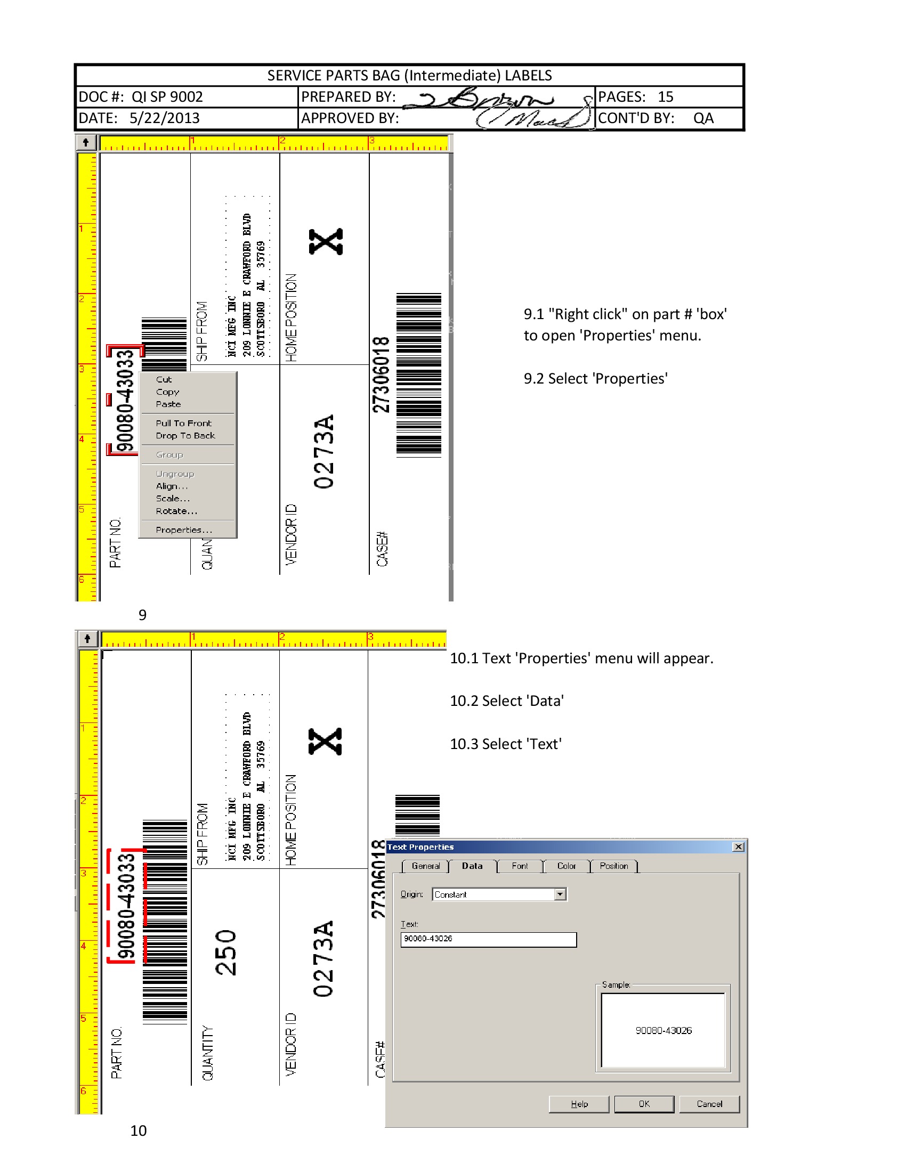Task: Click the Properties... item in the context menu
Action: [183, 530]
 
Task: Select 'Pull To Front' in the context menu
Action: [183, 423]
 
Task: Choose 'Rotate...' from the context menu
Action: [176, 511]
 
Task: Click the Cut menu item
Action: [164, 379]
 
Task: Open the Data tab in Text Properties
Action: [472, 866]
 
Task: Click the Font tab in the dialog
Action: [520, 866]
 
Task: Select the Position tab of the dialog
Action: [613, 866]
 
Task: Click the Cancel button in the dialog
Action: [709, 1104]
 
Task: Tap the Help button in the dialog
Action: [579, 1104]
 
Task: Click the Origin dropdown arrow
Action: [560, 894]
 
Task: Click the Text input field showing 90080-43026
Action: [488, 939]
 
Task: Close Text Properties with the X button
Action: [739, 847]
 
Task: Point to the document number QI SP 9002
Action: [167, 97]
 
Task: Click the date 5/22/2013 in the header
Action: [164, 118]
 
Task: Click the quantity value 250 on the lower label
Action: [225, 953]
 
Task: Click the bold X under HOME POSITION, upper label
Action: [326, 241]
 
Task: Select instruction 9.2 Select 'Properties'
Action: [595, 379]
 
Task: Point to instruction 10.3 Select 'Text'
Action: [506, 744]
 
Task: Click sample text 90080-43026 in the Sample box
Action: [664, 1030]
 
